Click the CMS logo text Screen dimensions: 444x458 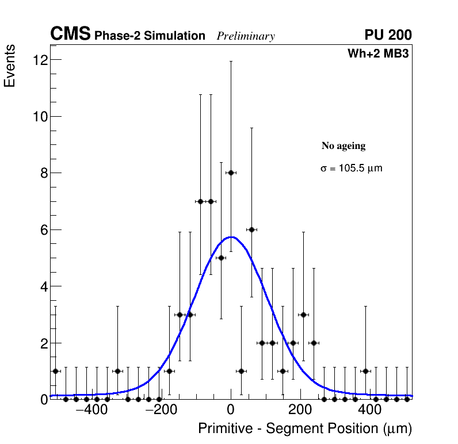coord(70,35)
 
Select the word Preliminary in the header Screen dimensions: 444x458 coord(246,36)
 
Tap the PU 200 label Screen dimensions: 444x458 coord(388,35)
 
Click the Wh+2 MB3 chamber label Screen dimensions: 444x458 coord(378,54)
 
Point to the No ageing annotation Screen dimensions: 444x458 coord(343,146)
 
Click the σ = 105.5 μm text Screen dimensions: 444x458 coord(351,169)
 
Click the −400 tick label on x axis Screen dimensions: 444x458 coord(89,411)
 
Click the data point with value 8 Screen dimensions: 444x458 coord(231,173)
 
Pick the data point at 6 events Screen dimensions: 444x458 coord(251,229)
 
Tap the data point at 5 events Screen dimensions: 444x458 coord(221,258)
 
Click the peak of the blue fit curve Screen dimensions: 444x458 coord(231,236)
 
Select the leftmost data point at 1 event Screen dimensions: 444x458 coord(56,371)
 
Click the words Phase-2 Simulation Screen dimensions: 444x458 coord(150,36)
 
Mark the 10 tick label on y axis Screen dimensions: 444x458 coord(39,116)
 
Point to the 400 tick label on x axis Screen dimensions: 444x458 coord(370,411)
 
